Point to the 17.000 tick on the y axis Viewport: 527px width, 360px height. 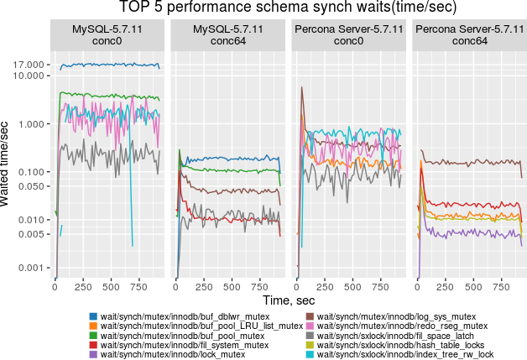point(29,65)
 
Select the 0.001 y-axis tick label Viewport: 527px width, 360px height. point(31,268)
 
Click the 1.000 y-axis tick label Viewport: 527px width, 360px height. point(31,124)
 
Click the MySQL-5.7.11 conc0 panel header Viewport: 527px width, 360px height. point(109,34)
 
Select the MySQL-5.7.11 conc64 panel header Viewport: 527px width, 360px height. point(229,34)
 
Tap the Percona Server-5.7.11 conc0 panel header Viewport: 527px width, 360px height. point(349,34)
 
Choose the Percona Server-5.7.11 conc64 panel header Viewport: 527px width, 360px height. point(469,34)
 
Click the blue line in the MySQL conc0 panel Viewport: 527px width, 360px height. point(109,65)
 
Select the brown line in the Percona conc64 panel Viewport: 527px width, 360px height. point(470,162)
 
